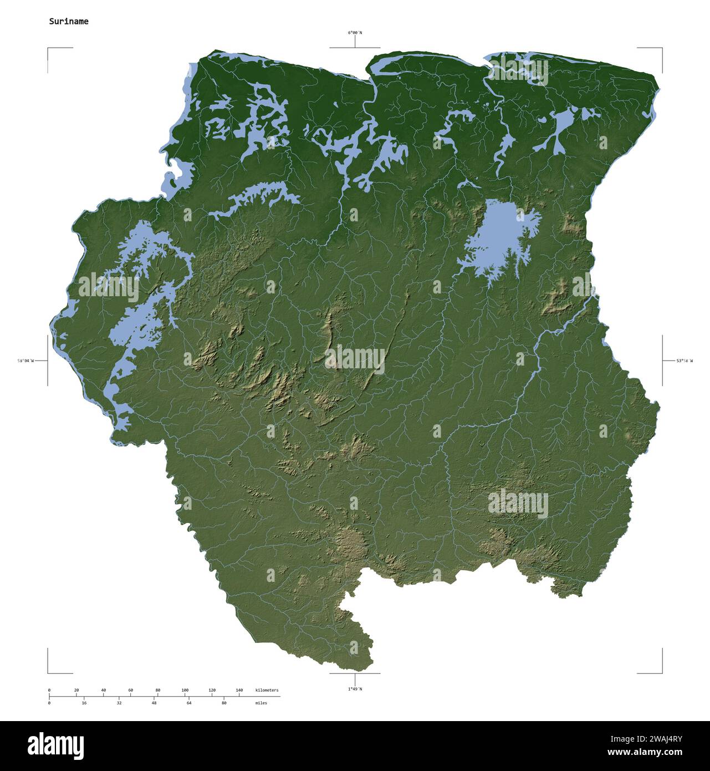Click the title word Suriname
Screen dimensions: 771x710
click(x=68, y=22)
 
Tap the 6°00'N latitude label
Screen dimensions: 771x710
click(x=355, y=33)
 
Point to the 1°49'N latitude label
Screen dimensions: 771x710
click(x=355, y=689)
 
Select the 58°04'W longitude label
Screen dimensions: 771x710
click(x=25, y=361)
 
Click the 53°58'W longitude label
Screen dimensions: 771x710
click(x=684, y=361)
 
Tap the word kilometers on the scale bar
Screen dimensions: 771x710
click(x=267, y=690)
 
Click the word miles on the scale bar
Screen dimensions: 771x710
click(x=261, y=703)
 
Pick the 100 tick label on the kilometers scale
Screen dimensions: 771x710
click(x=185, y=690)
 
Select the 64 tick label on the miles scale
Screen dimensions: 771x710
click(x=189, y=703)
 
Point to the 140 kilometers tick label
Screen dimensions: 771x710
click(x=239, y=690)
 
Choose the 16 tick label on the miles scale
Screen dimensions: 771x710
click(x=84, y=703)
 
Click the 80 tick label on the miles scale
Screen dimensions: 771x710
click(x=224, y=703)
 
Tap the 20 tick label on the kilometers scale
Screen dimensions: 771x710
click(x=76, y=690)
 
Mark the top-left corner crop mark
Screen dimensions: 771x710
click(x=48, y=49)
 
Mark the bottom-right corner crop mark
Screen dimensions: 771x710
click(x=662, y=672)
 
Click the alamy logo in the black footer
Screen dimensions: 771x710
click(x=55, y=745)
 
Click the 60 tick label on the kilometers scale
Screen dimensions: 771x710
click(x=131, y=690)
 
